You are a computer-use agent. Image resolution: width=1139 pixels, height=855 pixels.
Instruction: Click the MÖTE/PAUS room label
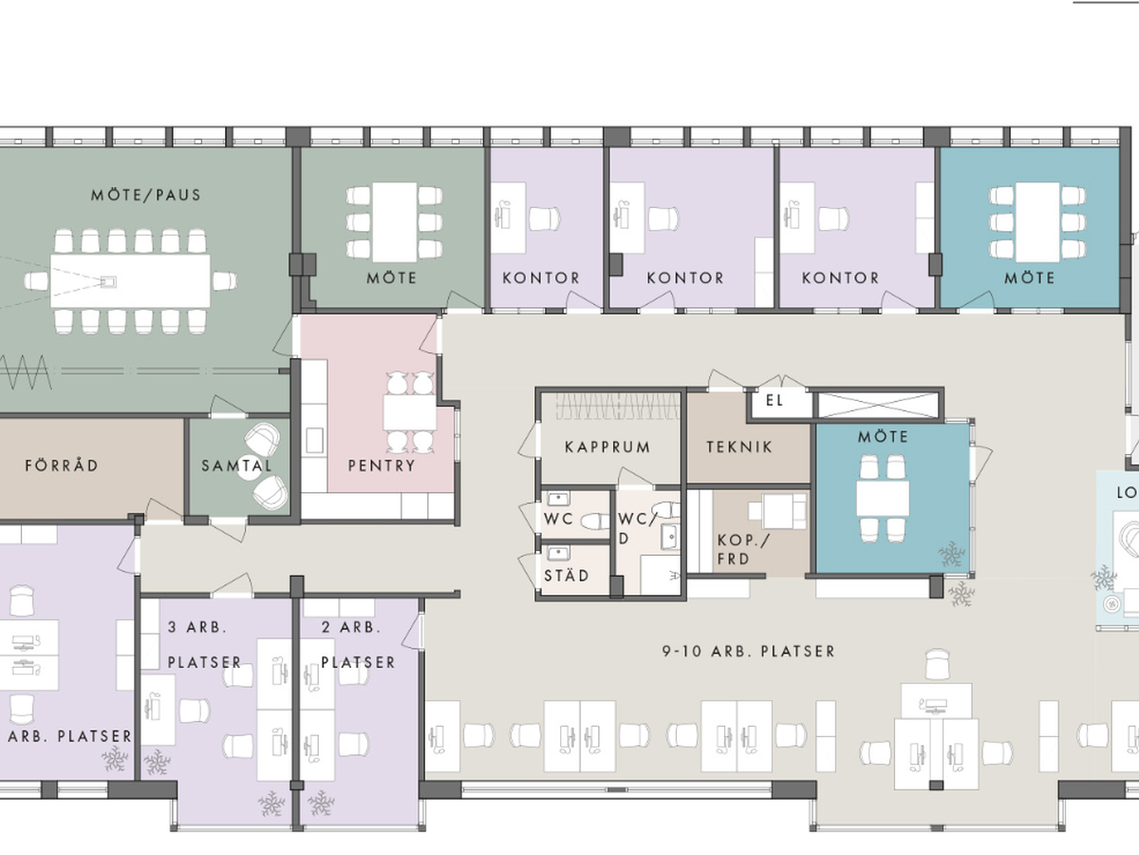146,195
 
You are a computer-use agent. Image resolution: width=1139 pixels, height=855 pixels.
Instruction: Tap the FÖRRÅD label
62,465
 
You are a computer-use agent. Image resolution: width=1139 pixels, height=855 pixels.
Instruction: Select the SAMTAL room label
236,465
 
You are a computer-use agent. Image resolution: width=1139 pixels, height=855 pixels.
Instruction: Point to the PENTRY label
382,465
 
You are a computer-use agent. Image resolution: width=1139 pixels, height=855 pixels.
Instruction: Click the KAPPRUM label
607,446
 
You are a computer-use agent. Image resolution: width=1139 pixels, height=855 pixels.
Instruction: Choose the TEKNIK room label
739,446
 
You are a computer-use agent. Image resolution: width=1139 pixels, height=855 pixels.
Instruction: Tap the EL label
775,400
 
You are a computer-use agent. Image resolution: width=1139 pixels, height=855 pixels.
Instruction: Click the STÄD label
567,575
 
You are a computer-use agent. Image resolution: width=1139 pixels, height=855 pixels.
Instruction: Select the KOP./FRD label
743,549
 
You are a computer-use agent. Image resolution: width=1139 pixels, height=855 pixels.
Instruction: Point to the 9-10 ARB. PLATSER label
748,651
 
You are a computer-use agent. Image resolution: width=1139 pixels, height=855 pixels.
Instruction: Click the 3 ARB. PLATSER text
204,645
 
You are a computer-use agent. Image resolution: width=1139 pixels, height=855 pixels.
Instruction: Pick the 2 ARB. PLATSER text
358,645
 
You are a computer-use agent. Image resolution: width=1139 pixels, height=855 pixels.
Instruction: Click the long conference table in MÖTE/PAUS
130,281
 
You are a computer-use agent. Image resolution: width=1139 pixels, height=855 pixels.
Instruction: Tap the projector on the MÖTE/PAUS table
108,282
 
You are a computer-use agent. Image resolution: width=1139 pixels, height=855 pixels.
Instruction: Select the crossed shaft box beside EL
879,405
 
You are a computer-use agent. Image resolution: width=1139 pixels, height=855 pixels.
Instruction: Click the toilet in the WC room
595,521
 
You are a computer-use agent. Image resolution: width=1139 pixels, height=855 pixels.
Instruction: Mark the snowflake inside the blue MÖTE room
952,555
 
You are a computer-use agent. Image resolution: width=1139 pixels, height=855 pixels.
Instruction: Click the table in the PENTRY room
409,412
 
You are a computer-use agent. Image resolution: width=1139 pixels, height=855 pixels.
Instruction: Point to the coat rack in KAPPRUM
618,406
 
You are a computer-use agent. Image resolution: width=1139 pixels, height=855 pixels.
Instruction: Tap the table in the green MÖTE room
394,221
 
